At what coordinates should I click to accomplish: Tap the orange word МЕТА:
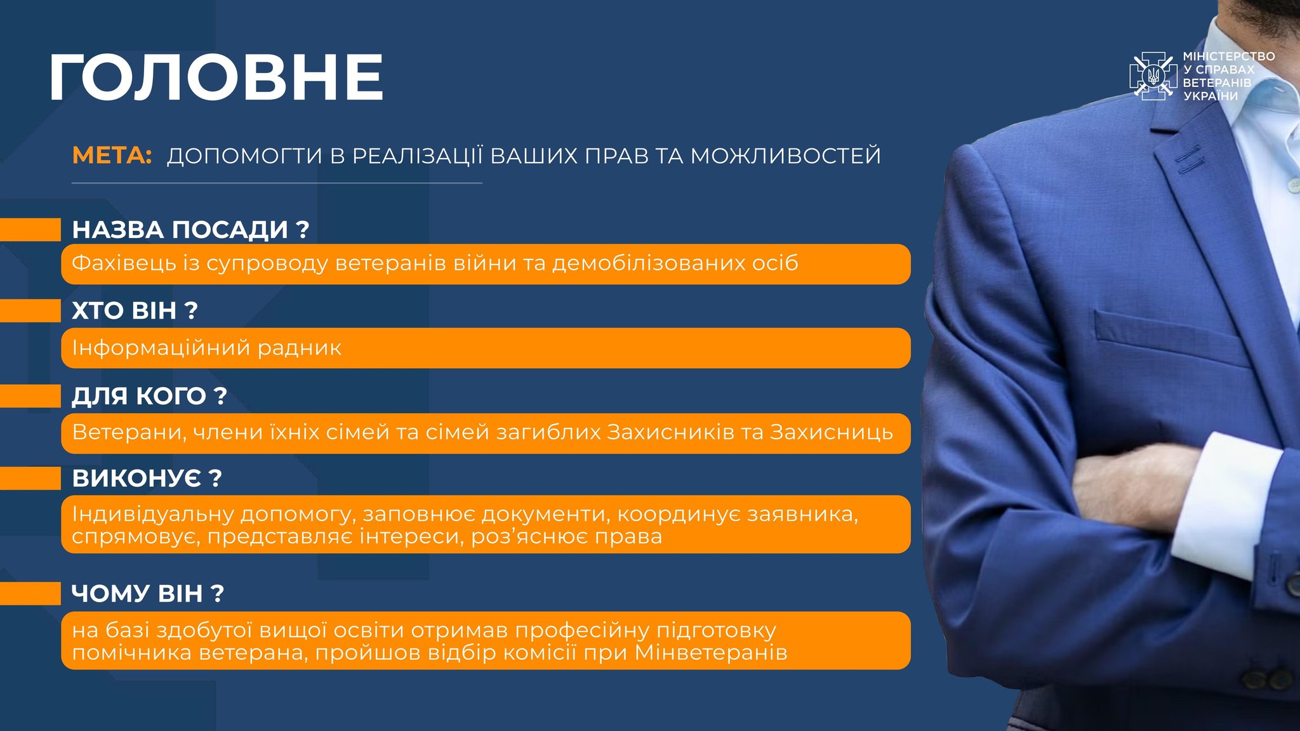click(112, 155)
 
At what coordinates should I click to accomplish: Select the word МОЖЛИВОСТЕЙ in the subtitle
click(786, 155)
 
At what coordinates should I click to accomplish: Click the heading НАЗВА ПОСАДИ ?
click(190, 230)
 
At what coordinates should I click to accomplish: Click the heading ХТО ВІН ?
click(135, 311)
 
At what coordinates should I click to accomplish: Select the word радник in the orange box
click(298, 348)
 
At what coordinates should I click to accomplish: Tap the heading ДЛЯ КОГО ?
click(149, 396)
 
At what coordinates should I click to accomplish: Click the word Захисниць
click(832, 432)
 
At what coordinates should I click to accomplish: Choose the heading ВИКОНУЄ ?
click(147, 478)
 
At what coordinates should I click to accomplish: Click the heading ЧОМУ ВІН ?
click(148, 594)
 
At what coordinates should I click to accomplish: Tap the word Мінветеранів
click(711, 653)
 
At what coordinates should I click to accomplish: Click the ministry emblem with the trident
click(1153, 76)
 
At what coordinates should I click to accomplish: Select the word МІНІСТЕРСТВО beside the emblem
click(1229, 56)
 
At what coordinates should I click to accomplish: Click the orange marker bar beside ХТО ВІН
click(30, 311)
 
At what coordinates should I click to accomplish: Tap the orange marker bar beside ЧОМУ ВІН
click(30, 594)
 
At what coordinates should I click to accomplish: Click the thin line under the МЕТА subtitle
click(277, 183)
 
